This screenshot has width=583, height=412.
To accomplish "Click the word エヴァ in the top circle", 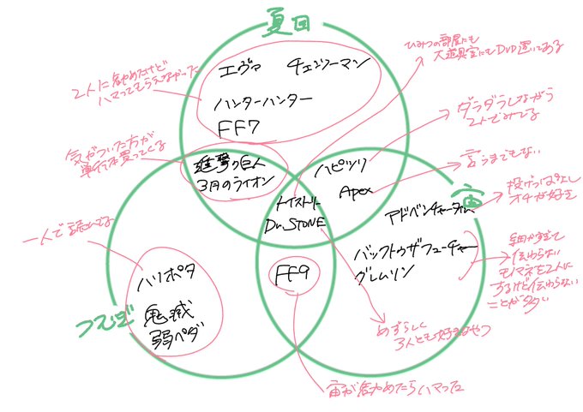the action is pos(236,67).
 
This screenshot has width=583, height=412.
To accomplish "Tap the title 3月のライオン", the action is pos(236,184).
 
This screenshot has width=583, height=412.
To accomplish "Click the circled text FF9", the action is pos(292,273).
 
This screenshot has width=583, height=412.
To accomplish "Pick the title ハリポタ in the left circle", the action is pos(167,278).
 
